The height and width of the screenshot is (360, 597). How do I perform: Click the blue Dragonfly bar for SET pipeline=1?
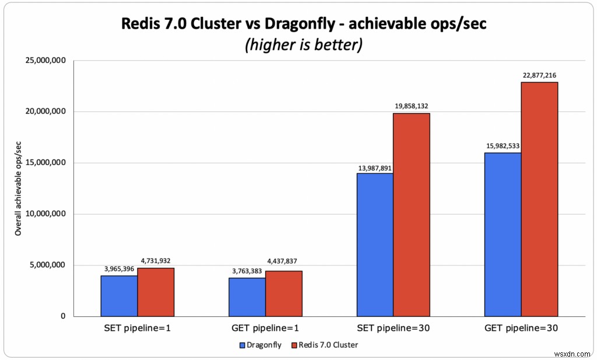(119, 296)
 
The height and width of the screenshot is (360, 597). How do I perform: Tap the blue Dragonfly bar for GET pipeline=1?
(247, 297)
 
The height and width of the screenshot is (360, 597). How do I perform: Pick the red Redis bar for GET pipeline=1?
(283, 293)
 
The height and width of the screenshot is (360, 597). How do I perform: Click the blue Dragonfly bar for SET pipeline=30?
(375, 244)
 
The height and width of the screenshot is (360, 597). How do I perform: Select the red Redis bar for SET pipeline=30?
(412, 215)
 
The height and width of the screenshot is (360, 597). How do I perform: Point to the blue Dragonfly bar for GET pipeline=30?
(503, 235)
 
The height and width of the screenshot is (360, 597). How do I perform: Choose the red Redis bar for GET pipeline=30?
(539, 199)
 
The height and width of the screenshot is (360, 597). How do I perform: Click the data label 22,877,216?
(540, 75)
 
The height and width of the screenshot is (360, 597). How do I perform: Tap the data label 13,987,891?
(375, 167)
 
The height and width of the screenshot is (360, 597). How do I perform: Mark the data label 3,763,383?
(247, 271)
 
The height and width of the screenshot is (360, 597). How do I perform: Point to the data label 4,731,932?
(156, 261)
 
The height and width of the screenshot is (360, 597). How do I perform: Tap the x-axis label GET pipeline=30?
(521, 328)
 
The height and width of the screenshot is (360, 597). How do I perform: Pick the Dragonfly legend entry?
(260, 345)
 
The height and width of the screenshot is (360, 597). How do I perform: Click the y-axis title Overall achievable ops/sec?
(18, 188)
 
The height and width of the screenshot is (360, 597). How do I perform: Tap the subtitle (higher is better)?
(303, 44)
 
